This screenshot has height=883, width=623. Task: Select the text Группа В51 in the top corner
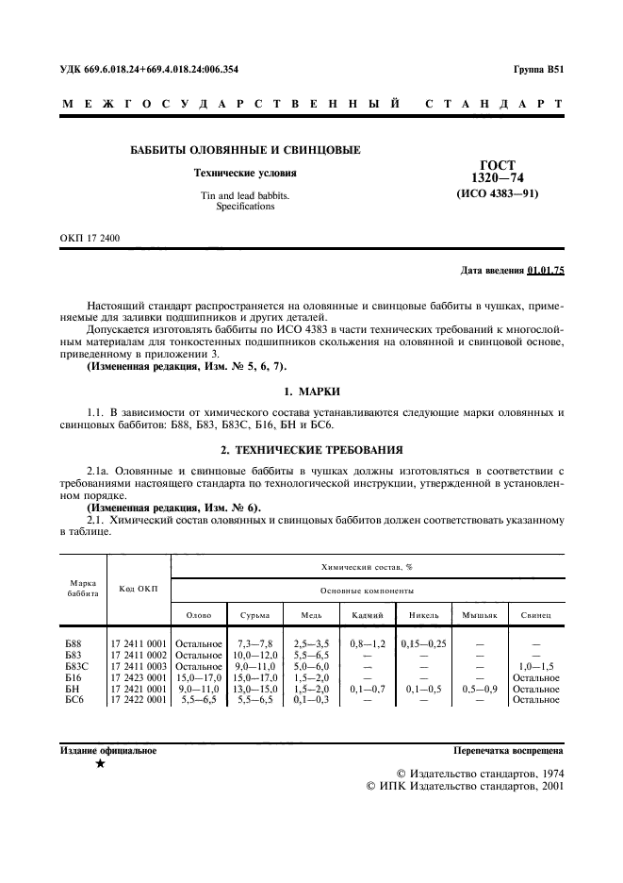538,69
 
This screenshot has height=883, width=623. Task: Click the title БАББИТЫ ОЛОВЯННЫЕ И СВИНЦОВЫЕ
244,150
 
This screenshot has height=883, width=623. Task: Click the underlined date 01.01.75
546,270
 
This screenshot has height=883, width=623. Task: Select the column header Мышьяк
479,615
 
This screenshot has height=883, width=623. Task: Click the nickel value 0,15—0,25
423,643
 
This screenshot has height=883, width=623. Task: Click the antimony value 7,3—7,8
254,643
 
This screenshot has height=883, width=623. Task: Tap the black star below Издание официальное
100,765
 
